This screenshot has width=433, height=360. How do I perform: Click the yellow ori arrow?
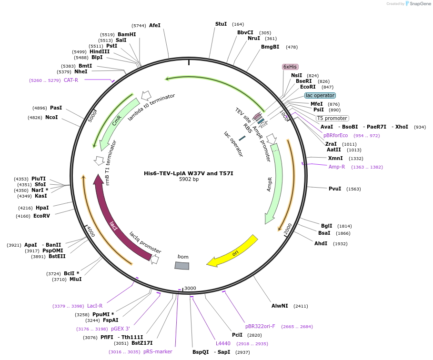tap(233, 251)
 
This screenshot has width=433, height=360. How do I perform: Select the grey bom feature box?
tap(182, 265)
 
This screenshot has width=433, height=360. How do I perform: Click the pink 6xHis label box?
tap(290, 67)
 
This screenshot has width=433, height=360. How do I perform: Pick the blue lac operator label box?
tap(320, 95)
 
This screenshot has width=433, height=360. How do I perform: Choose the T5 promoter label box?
tap(332, 118)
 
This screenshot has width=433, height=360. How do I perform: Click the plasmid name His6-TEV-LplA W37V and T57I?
tap(189, 173)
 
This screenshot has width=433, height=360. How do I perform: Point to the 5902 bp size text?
tap(189, 180)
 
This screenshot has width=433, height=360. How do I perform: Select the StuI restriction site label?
tap(221, 24)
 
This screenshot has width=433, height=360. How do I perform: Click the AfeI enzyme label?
tap(155, 25)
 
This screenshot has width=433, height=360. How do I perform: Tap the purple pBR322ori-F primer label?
tap(260, 326)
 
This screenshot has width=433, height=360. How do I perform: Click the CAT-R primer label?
tap(71, 80)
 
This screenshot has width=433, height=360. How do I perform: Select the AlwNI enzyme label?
tap(280, 306)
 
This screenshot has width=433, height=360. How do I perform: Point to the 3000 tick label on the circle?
tap(190, 288)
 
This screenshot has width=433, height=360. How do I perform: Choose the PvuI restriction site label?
tap(335, 189)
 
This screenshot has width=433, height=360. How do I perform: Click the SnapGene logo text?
tap(421, 4)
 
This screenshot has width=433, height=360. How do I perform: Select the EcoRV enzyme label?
tap(41, 216)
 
